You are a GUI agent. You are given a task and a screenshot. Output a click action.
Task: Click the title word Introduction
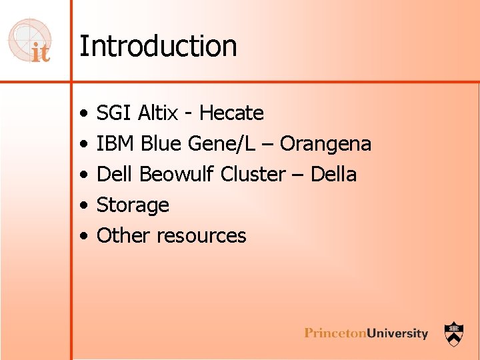(x=158, y=47)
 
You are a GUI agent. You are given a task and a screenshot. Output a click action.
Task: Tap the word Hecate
(x=231, y=113)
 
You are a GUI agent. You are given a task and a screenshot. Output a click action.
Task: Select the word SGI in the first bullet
(x=114, y=113)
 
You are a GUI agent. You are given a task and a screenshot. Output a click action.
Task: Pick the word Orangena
(x=325, y=144)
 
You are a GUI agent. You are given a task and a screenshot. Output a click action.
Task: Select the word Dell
(x=115, y=175)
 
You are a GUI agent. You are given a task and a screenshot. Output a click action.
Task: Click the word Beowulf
(x=177, y=175)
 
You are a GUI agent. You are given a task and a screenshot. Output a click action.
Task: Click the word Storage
(x=133, y=205)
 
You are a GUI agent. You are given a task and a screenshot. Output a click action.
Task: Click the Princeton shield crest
(x=455, y=333)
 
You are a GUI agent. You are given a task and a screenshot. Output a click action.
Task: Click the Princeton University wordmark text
(x=366, y=333)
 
